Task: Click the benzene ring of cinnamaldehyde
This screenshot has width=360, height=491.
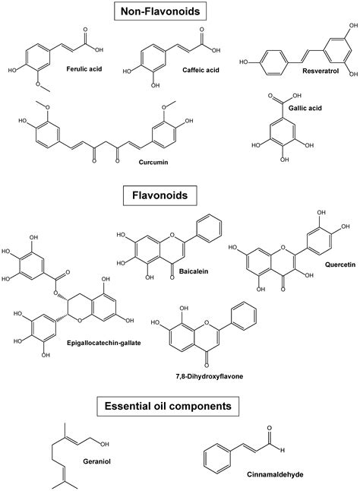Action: point(219,458)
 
